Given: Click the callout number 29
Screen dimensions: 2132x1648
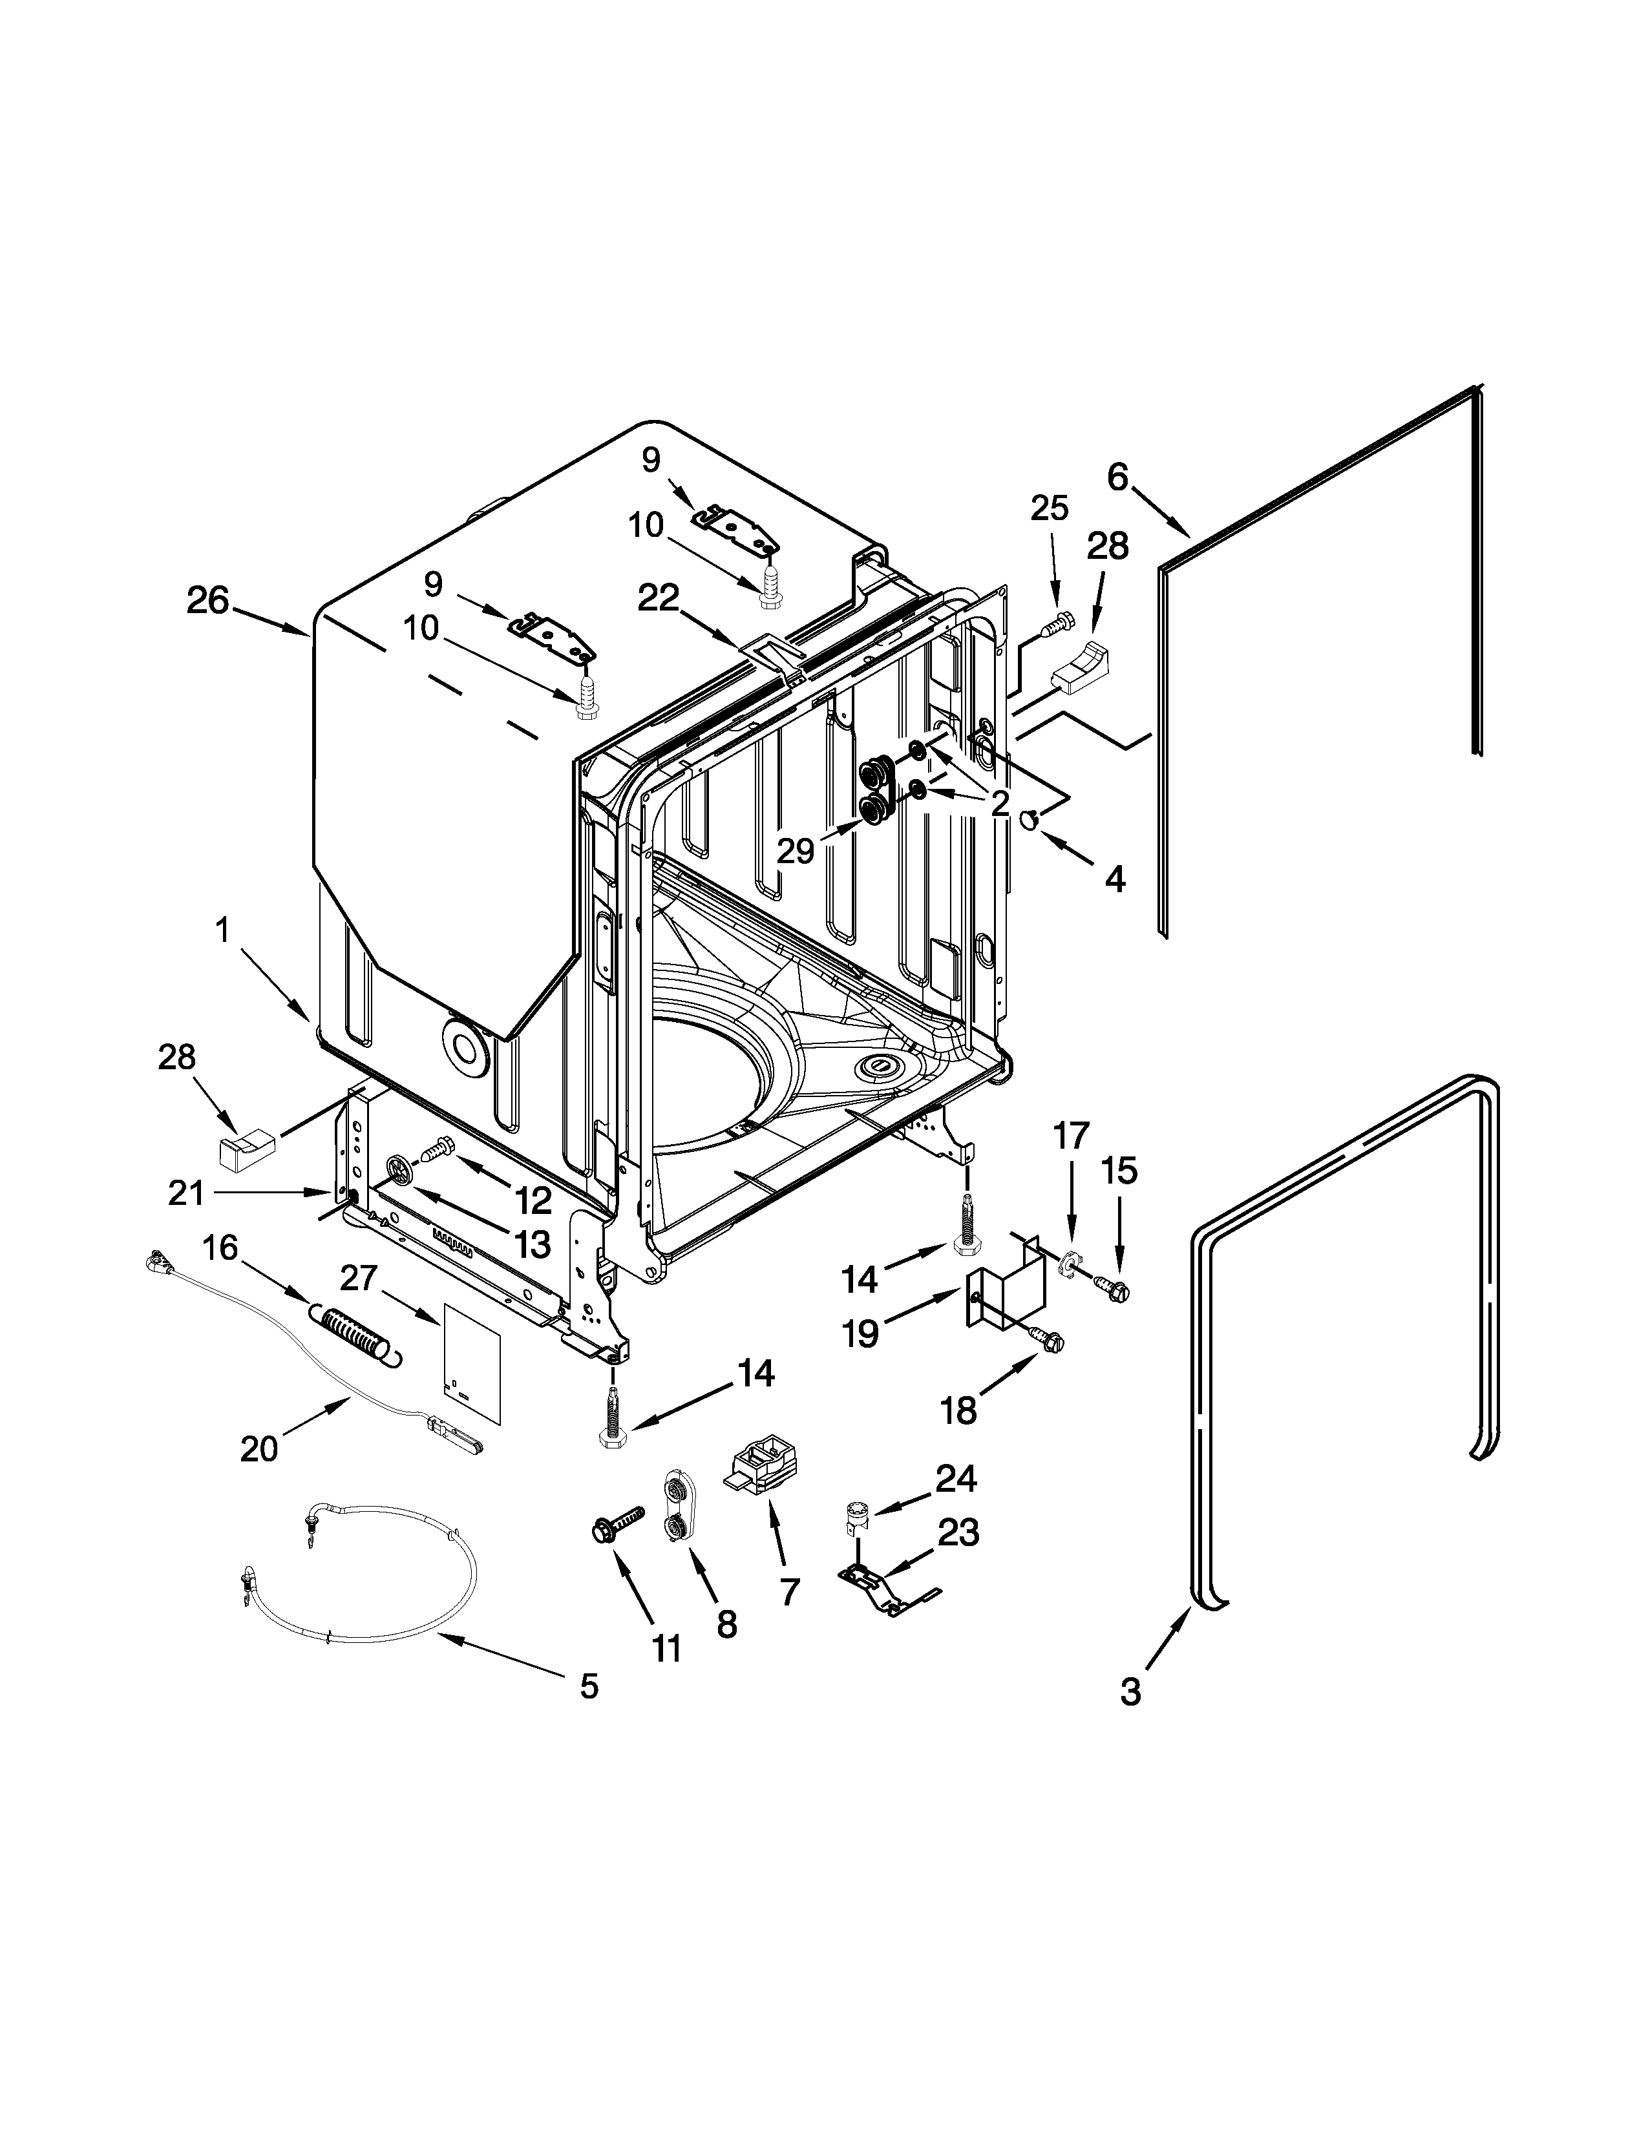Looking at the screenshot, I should click(796, 852).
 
